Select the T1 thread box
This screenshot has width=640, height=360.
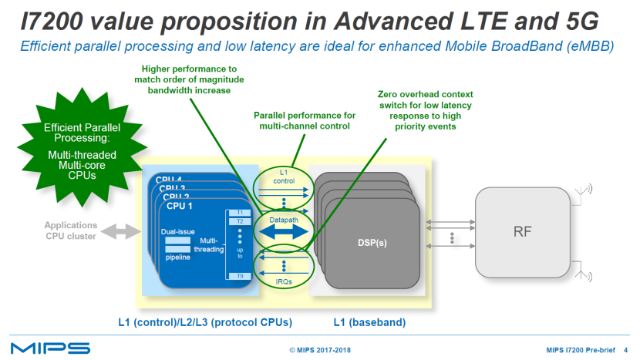[x=240, y=211]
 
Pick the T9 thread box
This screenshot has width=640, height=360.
[x=240, y=275]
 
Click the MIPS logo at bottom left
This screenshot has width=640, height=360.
[x=50, y=348]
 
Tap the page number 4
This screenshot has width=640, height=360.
[x=625, y=349]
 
